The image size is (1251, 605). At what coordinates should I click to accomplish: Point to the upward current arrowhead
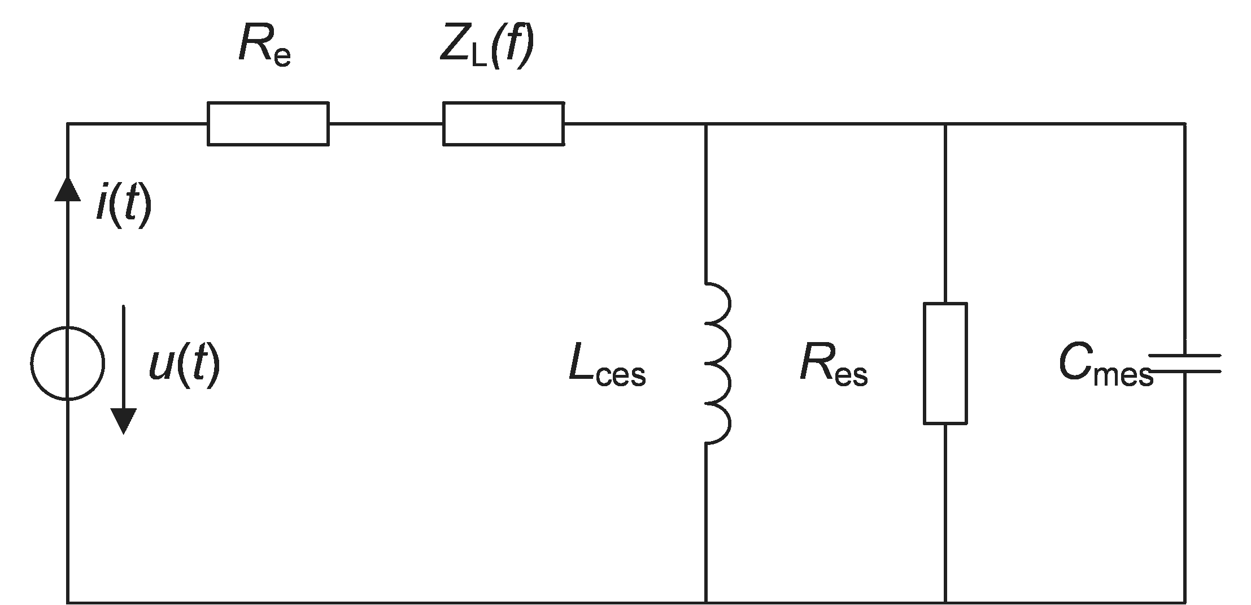click(x=68, y=188)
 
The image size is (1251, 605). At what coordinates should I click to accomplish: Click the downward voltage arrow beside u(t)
click(x=123, y=370)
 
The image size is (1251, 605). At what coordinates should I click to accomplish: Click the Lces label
click(x=607, y=368)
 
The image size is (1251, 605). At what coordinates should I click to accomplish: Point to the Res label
click(x=834, y=368)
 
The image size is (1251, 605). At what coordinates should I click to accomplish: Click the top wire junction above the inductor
click(x=705, y=124)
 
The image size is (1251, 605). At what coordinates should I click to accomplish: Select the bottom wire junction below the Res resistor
click(x=945, y=602)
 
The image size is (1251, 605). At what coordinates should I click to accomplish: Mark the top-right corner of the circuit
click(x=1184, y=124)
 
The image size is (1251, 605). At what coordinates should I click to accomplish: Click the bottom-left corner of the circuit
click(x=68, y=602)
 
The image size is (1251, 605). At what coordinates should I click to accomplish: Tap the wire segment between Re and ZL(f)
click(x=386, y=124)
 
